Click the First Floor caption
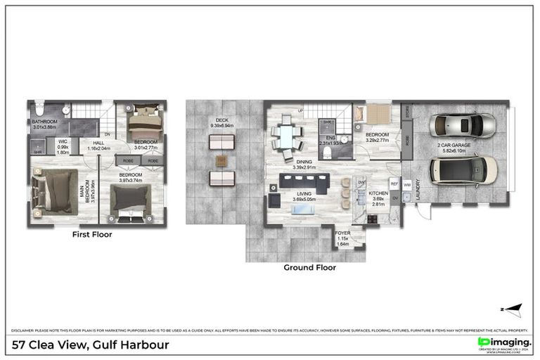pyautogui.click(x=92, y=235)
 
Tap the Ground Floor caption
pyautogui.click(x=309, y=267)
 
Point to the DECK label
pyautogui.click(x=222, y=120)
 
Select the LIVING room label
pyautogui.click(x=304, y=193)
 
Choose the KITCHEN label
pyautogui.click(x=378, y=192)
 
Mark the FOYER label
pyautogui.click(x=342, y=233)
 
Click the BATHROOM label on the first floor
pyautogui.click(x=44, y=122)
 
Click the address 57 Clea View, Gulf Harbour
pyautogui.click(x=91, y=345)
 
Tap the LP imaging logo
pyautogui.click(x=504, y=342)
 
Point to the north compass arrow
pyautogui.click(x=513, y=309)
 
